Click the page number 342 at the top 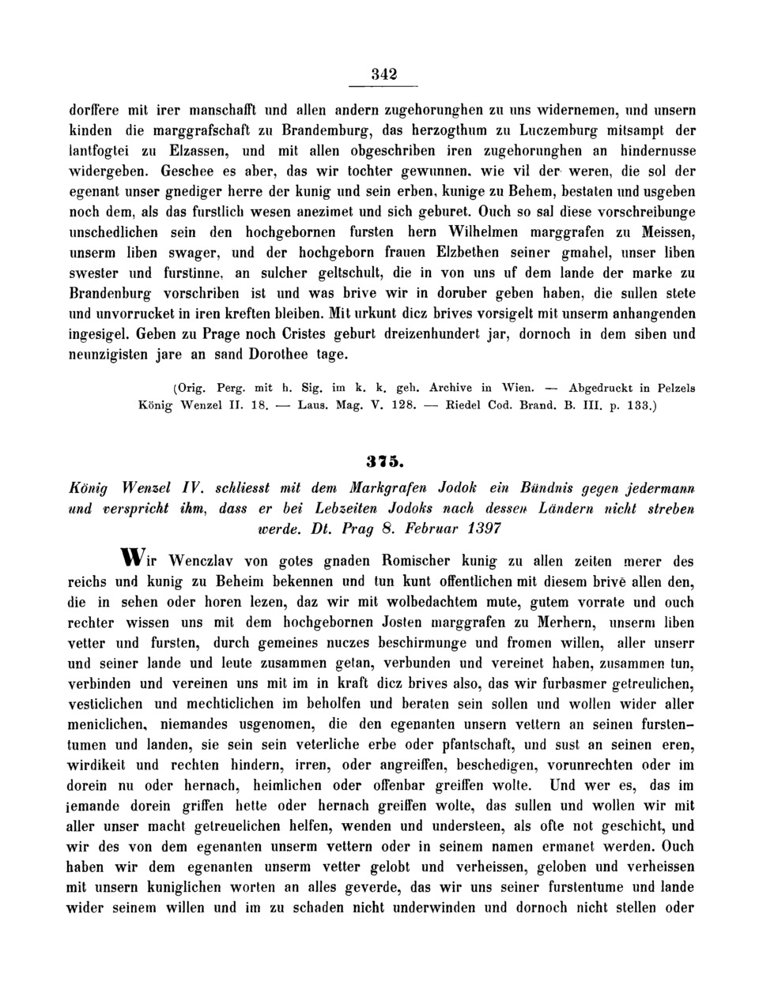point(384,75)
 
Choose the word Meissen point(666,232)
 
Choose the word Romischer point(421,562)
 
